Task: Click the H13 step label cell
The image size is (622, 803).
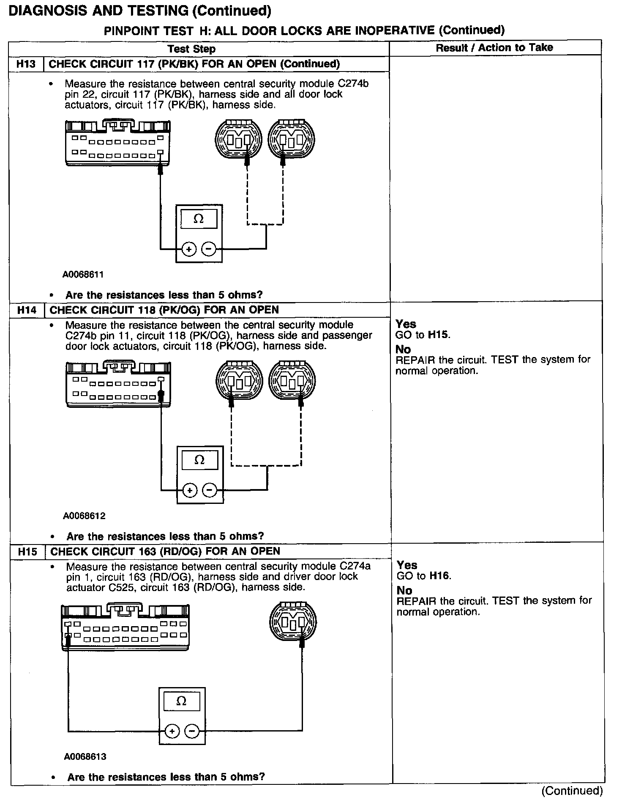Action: click(x=26, y=64)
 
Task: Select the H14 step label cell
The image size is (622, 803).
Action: click(x=27, y=310)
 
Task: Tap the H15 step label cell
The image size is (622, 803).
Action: click(x=28, y=552)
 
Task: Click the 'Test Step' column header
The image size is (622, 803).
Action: click(x=191, y=49)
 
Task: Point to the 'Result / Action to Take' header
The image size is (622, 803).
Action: click(x=494, y=48)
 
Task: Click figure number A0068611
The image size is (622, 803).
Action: click(x=83, y=275)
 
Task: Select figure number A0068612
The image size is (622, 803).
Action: click(x=84, y=516)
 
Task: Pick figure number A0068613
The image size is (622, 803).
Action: click(x=85, y=757)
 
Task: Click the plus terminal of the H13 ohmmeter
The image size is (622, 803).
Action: click(x=189, y=249)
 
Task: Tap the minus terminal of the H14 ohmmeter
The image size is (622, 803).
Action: click(x=210, y=490)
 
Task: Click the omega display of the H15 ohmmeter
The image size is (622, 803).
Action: click(x=181, y=701)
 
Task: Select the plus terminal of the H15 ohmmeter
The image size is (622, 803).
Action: click(x=172, y=731)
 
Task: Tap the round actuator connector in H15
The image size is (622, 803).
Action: click(x=293, y=622)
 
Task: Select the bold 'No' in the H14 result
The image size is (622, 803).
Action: click(x=403, y=349)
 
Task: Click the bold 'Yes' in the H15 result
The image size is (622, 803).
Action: click(x=407, y=565)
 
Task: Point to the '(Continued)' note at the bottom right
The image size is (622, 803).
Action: click(x=572, y=791)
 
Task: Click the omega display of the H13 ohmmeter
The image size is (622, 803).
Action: click(x=199, y=219)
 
